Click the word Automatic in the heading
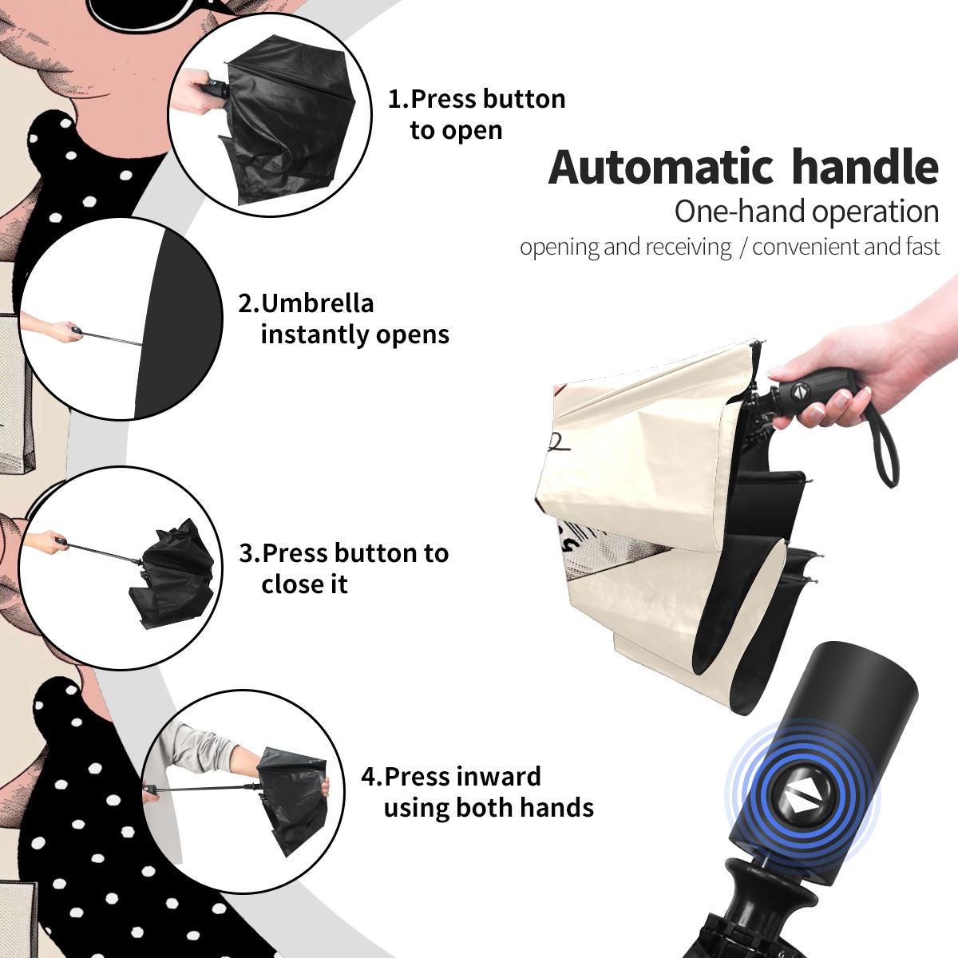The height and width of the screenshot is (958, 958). click(661, 168)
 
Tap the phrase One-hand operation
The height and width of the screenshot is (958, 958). click(806, 212)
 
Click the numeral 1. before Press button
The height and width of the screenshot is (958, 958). click(398, 99)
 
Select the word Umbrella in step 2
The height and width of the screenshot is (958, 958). click(317, 303)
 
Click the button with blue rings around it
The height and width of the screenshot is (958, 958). click(801, 802)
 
